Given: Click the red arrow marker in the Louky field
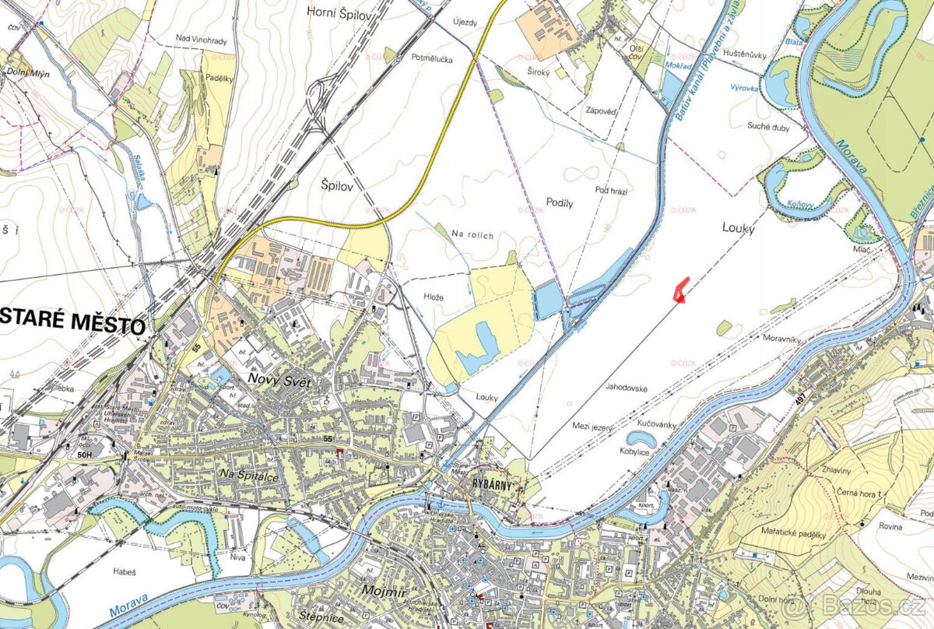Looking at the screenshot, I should pos(679,288).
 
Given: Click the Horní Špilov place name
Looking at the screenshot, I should pos(342,12).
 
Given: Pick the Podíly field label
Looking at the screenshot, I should pos(559,202).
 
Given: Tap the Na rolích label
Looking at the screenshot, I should pos(474,236).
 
